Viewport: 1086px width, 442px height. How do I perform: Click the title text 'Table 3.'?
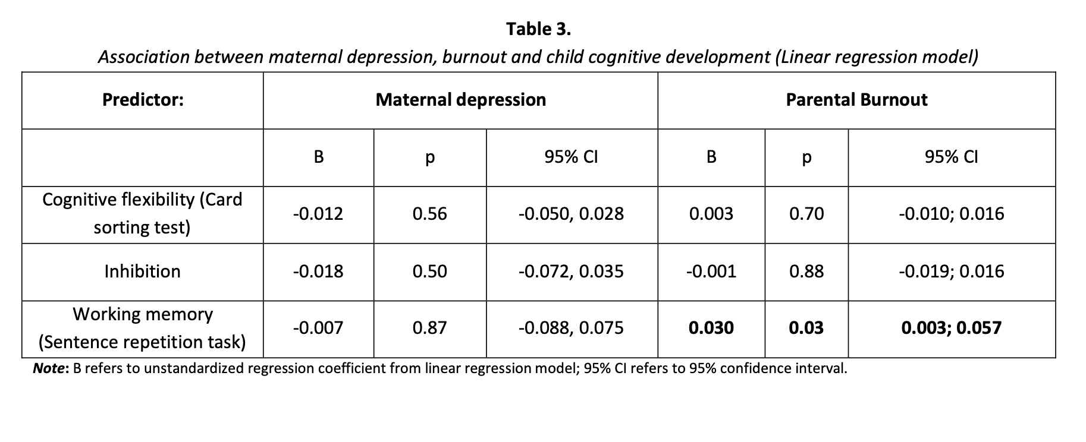click(538, 29)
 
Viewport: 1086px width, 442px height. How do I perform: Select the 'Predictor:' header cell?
click(143, 100)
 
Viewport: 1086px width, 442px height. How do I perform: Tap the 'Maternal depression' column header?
click(460, 100)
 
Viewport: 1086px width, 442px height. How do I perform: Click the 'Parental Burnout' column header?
click(856, 100)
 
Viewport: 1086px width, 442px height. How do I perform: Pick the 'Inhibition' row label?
click(142, 271)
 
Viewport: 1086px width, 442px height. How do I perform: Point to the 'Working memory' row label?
click(142, 314)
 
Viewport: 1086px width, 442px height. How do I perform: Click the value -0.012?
click(318, 214)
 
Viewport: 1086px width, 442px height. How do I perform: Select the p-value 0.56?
click(429, 214)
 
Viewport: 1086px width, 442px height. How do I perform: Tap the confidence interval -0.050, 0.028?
click(571, 214)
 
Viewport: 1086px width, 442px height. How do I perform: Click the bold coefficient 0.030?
click(711, 328)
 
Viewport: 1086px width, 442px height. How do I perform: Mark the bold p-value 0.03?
click(806, 328)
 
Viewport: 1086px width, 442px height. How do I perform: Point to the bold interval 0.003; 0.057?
click(951, 328)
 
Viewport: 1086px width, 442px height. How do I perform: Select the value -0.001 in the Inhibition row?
click(711, 271)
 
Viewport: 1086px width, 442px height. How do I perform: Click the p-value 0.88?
click(806, 271)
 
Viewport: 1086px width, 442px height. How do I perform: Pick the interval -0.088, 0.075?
click(571, 328)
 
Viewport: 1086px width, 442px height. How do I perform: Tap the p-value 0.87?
click(429, 328)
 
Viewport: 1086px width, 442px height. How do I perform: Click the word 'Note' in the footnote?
click(49, 368)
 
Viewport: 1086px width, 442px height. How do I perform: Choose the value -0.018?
click(318, 271)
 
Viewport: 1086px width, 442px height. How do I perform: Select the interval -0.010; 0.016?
click(951, 214)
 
